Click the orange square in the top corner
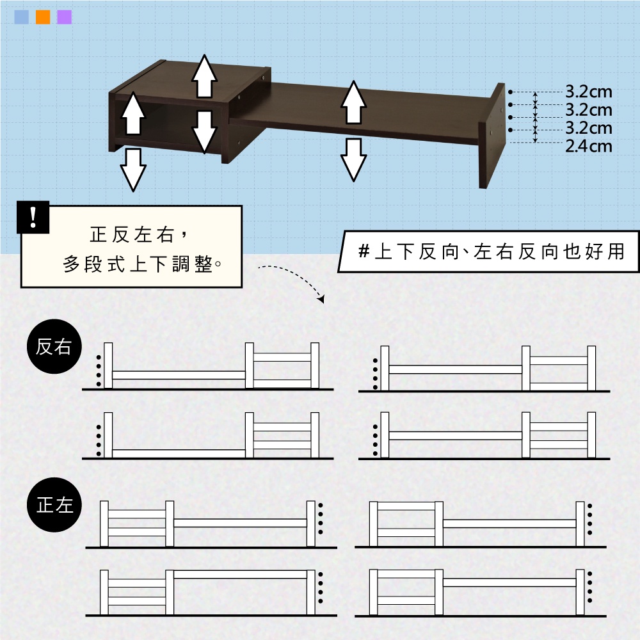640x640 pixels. click(43, 17)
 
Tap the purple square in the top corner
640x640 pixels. click(65, 17)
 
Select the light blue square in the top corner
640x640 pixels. click(22, 17)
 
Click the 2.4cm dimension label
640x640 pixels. click(589, 146)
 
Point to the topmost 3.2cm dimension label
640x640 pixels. click(589, 92)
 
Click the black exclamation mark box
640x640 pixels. click(33, 217)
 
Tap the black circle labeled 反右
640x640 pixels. click(54, 346)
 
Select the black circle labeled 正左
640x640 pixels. click(54, 505)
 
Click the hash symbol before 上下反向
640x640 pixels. click(364, 252)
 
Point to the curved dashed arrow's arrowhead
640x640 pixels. click(322, 299)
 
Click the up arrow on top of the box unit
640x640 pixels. click(204, 76)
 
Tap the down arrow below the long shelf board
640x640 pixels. click(353, 159)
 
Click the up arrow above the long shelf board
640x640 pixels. click(353, 102)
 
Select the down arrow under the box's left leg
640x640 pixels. click(133, 170)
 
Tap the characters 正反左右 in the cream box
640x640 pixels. click(132, 235)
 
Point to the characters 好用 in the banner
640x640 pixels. click(605, 252)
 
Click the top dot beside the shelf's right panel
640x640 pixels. click(510, 92)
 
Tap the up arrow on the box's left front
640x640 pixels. click(133, 113)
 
